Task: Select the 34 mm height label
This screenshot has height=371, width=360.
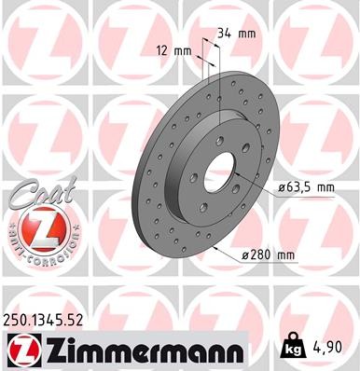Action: click(x=236, y=34)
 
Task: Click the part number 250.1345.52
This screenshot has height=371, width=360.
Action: click(x=57, y=320)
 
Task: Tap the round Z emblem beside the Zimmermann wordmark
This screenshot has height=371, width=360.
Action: click(x=21, y=350)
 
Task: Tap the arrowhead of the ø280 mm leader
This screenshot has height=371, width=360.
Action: click(x=216, y=248)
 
